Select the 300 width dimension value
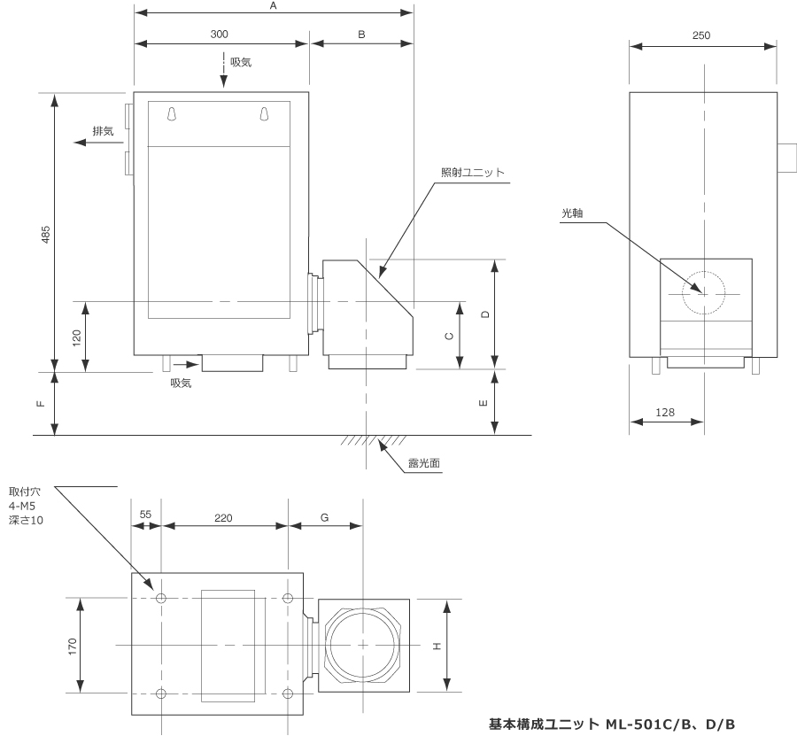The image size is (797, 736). pos(219,34)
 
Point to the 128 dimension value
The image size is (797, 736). pos(666,412)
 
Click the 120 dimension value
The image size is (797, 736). pos(76,337)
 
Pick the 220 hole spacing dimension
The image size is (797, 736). pos(223,516)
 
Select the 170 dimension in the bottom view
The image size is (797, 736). pos(73,645)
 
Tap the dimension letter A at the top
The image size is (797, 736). pos(274,5)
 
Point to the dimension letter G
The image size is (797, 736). pos(325,516)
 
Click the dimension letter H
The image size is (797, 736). pos(436,647)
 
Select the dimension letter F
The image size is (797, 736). pos(40,404)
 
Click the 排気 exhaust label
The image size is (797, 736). pos(104,131)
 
